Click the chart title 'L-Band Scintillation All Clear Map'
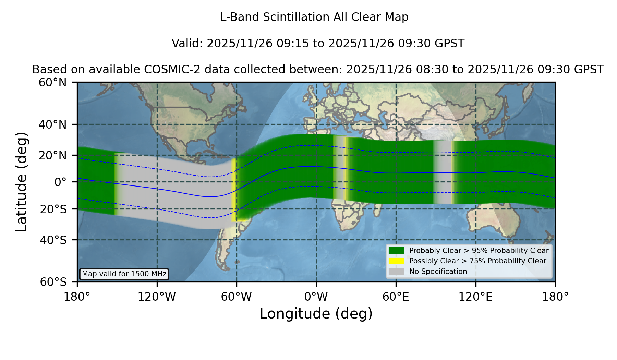(x=314, y=17)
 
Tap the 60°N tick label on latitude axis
(x=53, y=82)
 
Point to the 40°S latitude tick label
(x=53, y=240)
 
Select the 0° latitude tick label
(x=60, y=182)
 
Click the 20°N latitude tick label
(x=53, y=155)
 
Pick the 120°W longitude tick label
(x=157, y=297)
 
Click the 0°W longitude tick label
(x=316, y=297)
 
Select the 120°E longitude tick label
(x=475, y=297)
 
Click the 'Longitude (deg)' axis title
(x=316, y=314)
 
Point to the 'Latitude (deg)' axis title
(x=21, y=182)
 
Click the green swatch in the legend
(x=396, y=250)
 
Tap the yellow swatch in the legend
(x=396, y=261)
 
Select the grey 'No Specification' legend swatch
(x=396, y=272)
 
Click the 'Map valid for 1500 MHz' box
(x=124, y=274)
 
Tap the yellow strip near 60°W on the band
(x=234, y=190)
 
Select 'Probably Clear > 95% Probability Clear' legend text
(x=479, y=251)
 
